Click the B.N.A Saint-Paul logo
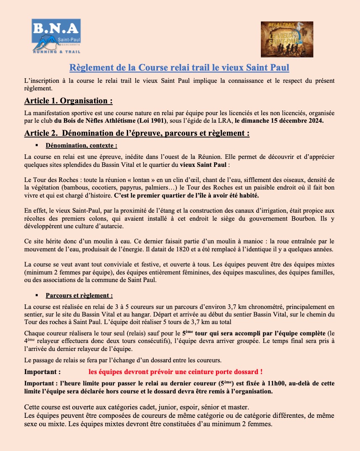[x=57, y=36]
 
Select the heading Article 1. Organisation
[x=68, y=101]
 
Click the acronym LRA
[x=225, y=121]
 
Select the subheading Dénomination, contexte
[x=81, y=145]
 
